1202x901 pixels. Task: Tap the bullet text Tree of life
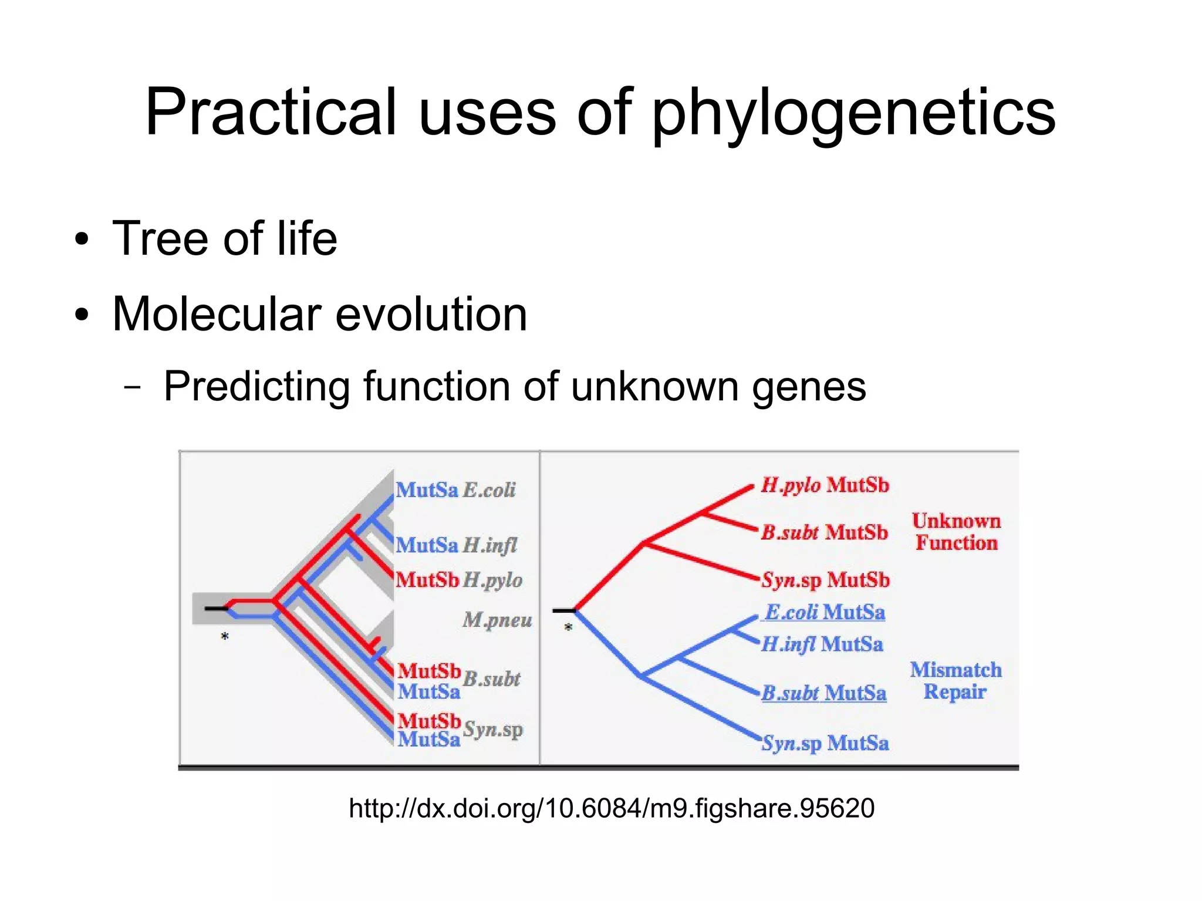pos(224,238)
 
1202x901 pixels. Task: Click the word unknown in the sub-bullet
pos(654,386)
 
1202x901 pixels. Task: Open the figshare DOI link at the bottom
pos(611,808)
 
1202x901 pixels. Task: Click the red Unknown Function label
pos(956,532)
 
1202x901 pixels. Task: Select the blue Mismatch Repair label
pos(955,681)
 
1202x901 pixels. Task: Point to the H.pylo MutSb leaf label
pos(825,485)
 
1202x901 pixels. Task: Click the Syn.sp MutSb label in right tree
pos(825,581)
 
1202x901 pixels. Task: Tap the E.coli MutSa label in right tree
pos(825,612)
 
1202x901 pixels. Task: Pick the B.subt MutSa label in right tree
pos(823,693)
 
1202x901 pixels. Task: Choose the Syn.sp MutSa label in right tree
pos(825,743)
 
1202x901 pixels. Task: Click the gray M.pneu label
pos(497,620)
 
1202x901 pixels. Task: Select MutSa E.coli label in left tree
pos(455,490)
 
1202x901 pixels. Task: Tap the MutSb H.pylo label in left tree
pos(458,581)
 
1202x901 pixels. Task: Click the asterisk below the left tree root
pos(224,636)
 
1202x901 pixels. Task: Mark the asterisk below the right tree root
pos(568,627)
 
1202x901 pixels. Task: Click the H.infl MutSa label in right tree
pos(822,644)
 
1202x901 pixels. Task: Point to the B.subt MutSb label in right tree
pos(824,532)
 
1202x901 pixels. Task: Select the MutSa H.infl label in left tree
pos(456,545)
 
